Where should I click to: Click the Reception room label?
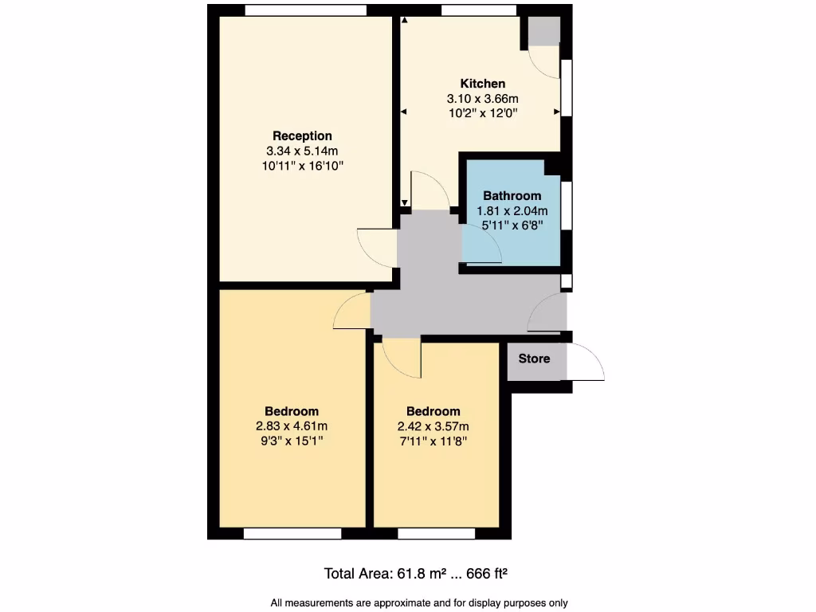302,135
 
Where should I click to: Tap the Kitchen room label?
482,84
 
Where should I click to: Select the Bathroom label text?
512,196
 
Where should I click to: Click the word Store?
534,359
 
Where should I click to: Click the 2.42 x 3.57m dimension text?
433,426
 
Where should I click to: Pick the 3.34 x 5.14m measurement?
302,151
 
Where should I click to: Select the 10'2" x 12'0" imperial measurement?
482,113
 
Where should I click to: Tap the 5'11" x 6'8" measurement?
512,226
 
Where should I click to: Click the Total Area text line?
416,573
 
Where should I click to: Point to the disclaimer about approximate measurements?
419,602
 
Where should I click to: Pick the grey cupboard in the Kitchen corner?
544,31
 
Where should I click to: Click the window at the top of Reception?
306,10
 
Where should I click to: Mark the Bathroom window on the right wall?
567,206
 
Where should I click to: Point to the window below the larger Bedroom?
294,533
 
